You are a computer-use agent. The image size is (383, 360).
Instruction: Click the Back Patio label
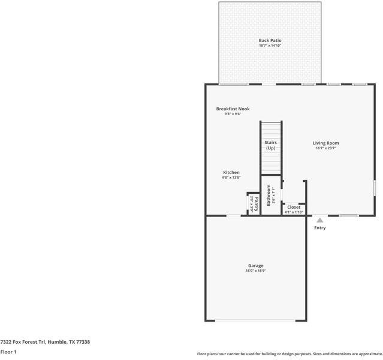(x=270, y=40)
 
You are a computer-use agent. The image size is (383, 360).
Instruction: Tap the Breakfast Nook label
(x=233, y=109)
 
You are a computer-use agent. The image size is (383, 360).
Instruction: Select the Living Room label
(x=325, y=143)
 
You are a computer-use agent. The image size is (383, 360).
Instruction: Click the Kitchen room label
(x=231, y=172)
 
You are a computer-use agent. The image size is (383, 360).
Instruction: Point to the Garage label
(x=255, y=265)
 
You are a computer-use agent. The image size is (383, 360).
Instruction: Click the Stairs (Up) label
(x=270, y=145)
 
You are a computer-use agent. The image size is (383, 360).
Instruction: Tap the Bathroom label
(x=269, y=195)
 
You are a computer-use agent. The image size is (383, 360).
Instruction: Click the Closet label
(x=294, y=207)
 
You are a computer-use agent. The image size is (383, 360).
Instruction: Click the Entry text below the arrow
(x=320, y=227)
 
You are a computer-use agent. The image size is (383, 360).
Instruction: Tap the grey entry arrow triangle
(x=320, y=220)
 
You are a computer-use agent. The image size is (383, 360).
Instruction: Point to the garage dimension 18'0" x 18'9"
(x=255, y=271)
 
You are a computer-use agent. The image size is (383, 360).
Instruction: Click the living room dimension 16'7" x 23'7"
(x=325, y=148)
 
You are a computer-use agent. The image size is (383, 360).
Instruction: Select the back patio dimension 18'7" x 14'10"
(x=270, y=46)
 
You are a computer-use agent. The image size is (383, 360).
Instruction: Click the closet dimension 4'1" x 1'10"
(x=294, y=212)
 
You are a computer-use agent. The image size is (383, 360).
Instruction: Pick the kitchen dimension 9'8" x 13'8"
(x=231, y=178)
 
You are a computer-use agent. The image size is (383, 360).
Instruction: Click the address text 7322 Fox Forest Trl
(x=45, y=341)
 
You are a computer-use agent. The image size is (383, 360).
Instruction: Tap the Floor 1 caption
(x=8, y=352)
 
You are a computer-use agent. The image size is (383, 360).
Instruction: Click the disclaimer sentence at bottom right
(x=289, y=354)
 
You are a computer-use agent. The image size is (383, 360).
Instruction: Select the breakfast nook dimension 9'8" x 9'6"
(x=233, y=114)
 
